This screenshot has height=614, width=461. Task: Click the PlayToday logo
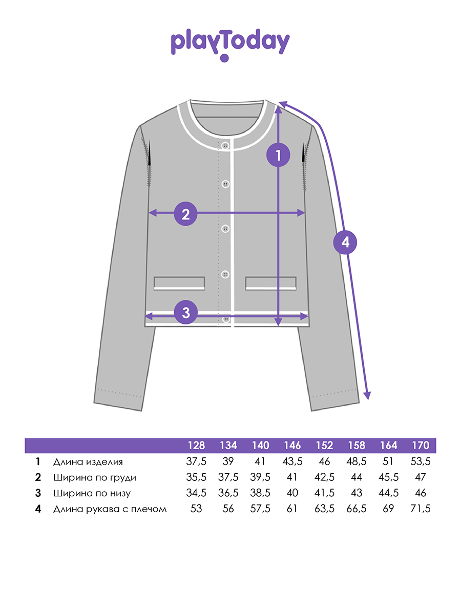pos(230,45)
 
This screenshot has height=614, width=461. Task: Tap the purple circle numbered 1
pos(278,155)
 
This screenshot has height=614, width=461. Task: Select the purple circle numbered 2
pos(185,214)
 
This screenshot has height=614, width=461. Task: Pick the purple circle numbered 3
pos(186,313)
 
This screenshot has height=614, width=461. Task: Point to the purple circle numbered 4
pos(345,242)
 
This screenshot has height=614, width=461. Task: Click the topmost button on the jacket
pos(225,145)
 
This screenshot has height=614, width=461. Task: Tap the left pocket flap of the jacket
pos(179,283)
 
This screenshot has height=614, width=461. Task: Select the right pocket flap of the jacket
pos(270,283)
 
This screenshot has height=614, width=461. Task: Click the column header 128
pos(196,445)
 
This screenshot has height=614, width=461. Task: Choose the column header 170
pos(421,445)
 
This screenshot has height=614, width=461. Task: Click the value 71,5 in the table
pos(421,509)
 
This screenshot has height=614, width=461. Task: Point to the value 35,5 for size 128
pos(196,477)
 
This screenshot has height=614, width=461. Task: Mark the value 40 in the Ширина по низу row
pos(292,493)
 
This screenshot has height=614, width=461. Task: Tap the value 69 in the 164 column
pos(388,509)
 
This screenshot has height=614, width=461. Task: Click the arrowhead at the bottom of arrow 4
pos(367,396)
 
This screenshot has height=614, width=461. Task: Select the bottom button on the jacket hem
pos(226,319)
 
